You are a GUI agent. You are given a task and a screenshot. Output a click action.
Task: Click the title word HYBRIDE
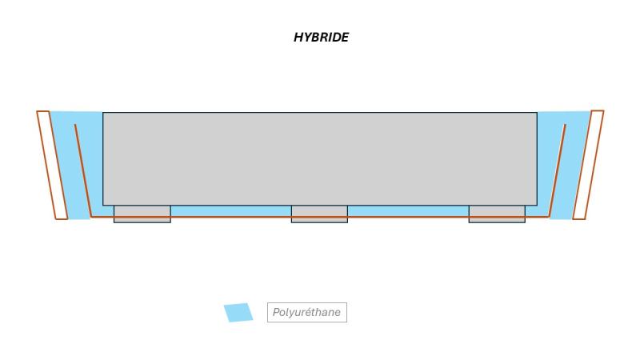pyautogui.click(x=322, y=38)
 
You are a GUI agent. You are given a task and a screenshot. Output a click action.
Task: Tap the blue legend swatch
pyautogui.click(x=238, y=312)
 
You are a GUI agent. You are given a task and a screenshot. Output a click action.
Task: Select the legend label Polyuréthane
pyautogui.click(x=306, y=312)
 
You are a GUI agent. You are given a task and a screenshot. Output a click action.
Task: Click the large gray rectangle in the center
pyautogui.click(x=319, y=158)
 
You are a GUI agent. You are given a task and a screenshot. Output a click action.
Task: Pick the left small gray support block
pyautogui.click(x=142, y=214)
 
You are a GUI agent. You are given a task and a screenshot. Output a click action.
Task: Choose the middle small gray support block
pyautogui.click(x=319, y=214)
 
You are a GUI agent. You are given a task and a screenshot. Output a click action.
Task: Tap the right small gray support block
pyautogui.click(x=497, y=214)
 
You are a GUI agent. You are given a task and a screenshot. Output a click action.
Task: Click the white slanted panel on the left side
pyautogui.click(x=52, y=165)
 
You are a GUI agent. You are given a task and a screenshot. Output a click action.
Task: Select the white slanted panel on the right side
pyautogui.click(x=588, y=165)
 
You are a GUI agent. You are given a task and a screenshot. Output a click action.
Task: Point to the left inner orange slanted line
pyautogui.click(x=83, y=170)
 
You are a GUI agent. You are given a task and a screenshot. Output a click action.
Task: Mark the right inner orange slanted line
pyautogui.click(x=557, y=170)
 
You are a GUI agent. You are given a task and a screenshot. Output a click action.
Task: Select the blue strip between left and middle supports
pyautogui.click(x=231, y=211)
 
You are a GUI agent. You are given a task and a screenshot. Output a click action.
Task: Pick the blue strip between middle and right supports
pyautogui.click(x=408, y=211)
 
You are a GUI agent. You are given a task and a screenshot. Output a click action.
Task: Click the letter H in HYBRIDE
pyautogui.click(x=298, y=38)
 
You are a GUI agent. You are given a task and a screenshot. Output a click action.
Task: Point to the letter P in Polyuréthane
pyautogui.click(x=276, y=312)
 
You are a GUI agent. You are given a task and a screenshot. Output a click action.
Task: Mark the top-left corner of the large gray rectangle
pyautogui.click(x=103, y=112)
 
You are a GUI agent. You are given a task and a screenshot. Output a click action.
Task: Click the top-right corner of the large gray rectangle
pyautogui.click(x=537, y=112)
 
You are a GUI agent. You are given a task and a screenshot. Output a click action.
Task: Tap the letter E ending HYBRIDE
pyautogui.click(x=345, y=38)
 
